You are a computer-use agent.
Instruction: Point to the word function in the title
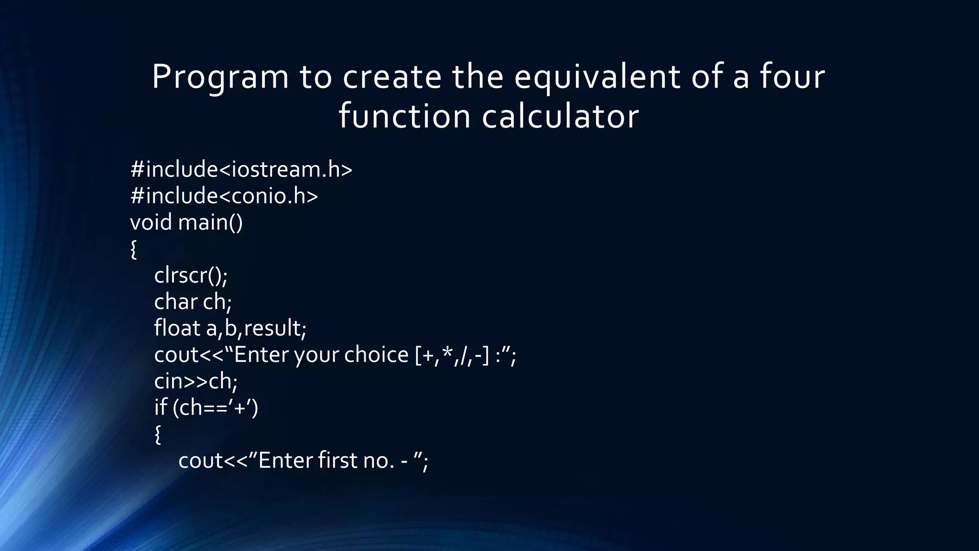[x=405, y=117]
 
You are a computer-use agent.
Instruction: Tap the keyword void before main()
[x=151, y=222]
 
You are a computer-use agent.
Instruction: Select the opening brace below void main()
[x=133, y=250]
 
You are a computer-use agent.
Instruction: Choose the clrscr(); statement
[x=191, y=275]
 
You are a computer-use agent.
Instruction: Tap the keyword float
[x=177, y=328]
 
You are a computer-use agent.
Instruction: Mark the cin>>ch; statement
[x=196, y=381]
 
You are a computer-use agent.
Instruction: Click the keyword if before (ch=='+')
[x=160, y=408]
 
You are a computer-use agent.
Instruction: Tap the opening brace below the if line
[x=158, y=434]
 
